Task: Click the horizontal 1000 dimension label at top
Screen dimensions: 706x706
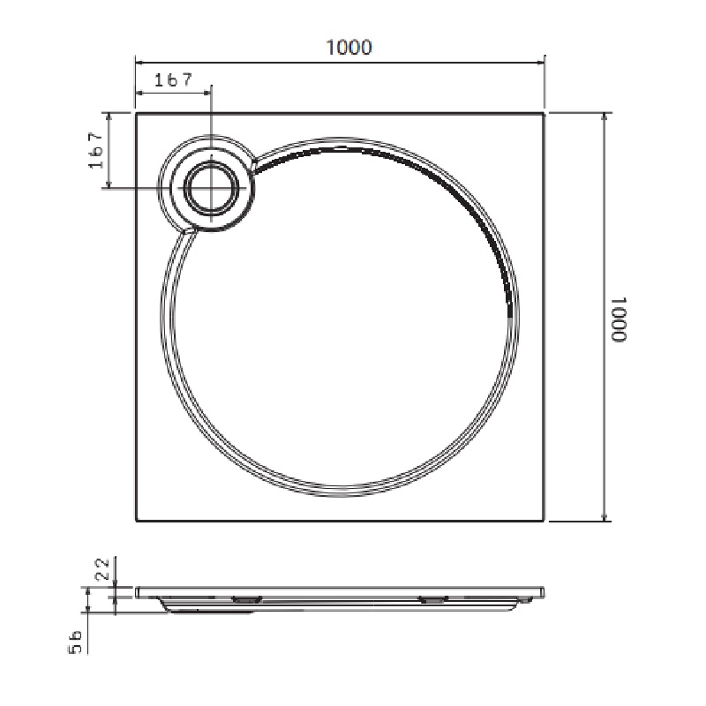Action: [349, 48]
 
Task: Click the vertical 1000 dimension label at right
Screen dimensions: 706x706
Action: [619, 319]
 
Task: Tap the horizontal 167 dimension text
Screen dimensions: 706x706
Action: [173, 80]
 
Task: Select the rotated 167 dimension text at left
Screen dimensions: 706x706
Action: [95, 150]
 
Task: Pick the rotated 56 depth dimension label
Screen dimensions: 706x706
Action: [75, 642]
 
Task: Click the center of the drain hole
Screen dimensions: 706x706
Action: [211, 188]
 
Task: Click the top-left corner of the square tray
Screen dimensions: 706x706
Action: [136, 114]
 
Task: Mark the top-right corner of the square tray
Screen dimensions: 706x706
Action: [544, 114]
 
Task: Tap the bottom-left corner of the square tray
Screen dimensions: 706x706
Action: [136, 521]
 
